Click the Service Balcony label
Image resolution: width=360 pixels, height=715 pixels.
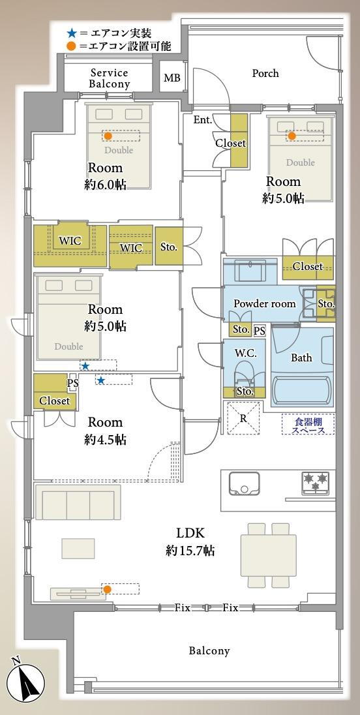(110, 78)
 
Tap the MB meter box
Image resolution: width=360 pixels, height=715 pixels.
(172, 78)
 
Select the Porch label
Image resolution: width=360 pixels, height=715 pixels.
(265, 73)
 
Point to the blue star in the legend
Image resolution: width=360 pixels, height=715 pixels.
(71, 33)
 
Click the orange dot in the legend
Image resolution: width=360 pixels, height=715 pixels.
(71, 46)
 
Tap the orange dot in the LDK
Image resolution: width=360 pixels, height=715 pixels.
(107, 589)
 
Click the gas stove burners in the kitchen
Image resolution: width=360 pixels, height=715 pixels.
(316, 482)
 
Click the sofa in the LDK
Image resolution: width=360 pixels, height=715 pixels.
(78, 502)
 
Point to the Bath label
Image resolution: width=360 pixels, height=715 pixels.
(302, 358)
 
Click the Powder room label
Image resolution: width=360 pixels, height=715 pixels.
(265, 304)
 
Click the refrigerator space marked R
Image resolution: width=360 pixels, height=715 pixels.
(244, 418)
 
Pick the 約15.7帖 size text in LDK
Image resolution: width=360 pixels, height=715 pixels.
(190, 551)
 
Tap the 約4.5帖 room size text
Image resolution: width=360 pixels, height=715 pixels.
(105, 440)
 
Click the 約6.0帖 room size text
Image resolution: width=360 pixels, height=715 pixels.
(105, 185)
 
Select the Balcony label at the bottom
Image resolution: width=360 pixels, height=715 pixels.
(209, 650)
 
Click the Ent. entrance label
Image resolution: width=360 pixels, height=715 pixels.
(203, 121)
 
